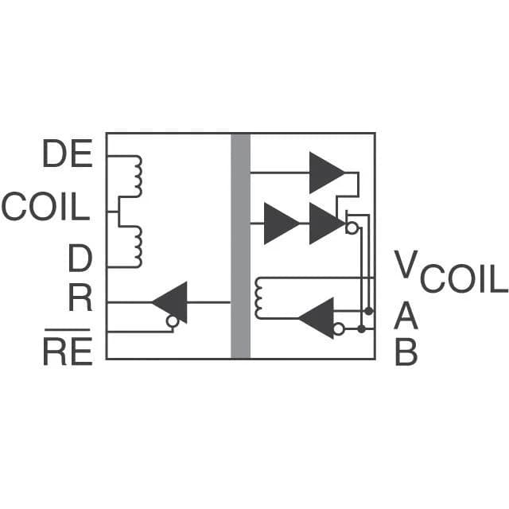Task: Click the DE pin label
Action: point(68,153)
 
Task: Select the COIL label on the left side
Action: point(45,207)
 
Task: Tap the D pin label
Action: point(80,258)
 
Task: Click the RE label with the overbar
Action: point(68,348)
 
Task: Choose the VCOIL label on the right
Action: point(451,272)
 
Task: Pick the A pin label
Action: point(406,316)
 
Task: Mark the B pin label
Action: point(406,352)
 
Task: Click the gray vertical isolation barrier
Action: point(240,246)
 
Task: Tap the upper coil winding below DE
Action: point(138,177)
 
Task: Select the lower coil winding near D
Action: point(138,247)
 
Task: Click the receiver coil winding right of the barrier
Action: point(259,298)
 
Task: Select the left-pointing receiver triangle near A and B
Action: point(317,318)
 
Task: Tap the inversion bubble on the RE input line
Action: point(173,321)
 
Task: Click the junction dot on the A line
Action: point(369,311)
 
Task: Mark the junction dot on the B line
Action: point(361,329)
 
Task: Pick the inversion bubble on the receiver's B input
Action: point(339,329)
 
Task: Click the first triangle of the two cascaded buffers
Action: point(282,223)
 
